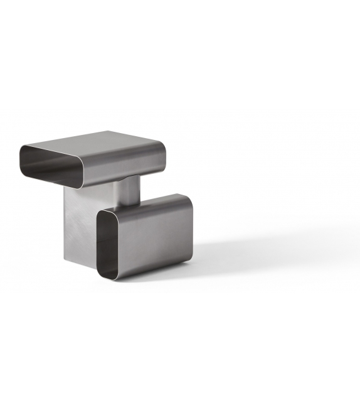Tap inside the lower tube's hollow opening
[x=107, y=245]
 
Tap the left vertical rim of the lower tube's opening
[x=97, y=242]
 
